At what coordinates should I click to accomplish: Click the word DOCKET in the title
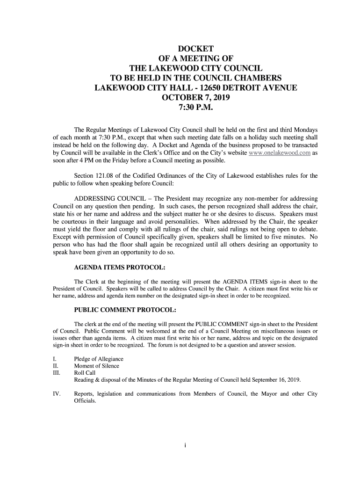(196, 48)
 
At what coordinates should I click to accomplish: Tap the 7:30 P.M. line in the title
(196, 110)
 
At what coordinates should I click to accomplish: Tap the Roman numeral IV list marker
(56, 394)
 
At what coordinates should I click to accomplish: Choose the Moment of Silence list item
(97, 366)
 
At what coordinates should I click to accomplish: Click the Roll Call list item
(85, 373)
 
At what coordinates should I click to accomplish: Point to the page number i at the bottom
(185, 445)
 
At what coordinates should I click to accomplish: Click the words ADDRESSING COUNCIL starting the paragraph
(112, 199)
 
